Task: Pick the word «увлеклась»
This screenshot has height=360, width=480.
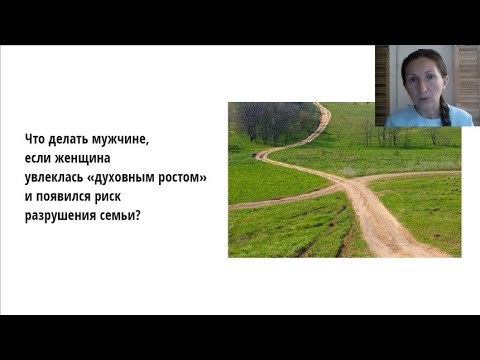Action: [x=56, y=176]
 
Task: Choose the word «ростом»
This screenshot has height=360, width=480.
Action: [x=186, y=176]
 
